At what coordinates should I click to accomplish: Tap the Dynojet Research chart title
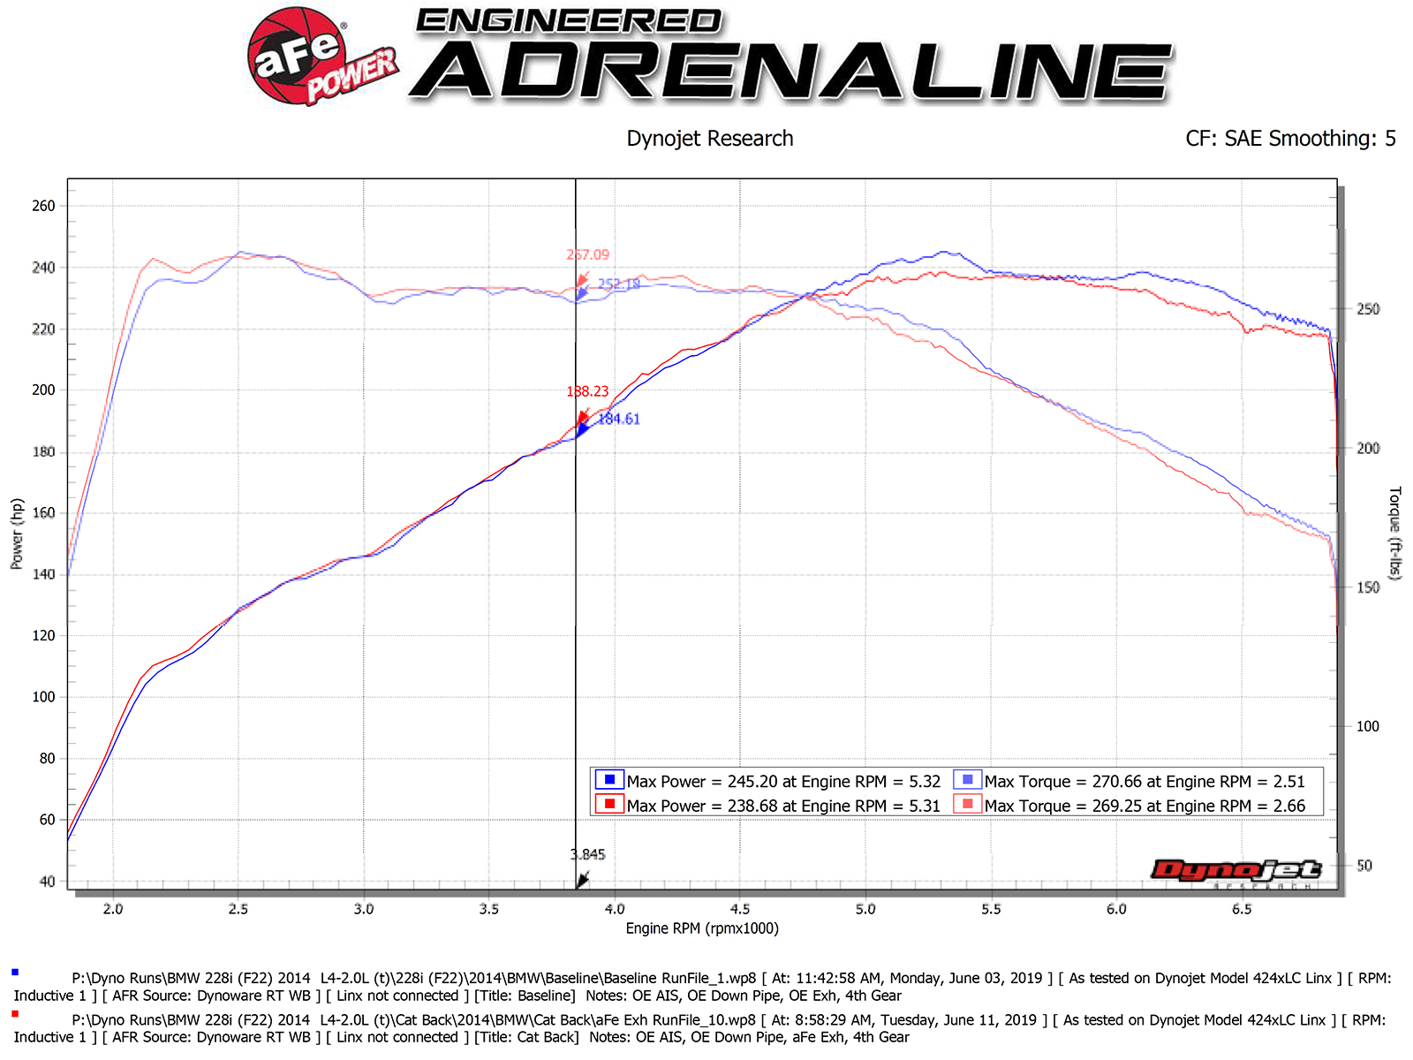[710, 139]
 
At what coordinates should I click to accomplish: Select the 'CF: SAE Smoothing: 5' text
[1290, 139]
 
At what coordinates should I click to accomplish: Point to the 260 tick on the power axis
[43, 206]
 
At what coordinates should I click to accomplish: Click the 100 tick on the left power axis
[43, 697]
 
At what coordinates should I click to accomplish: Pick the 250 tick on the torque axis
[1368, 309]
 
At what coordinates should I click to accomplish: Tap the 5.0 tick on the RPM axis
[865, 909]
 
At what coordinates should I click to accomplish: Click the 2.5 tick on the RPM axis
[238, 909]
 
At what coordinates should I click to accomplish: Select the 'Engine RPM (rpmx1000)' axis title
[702, 928]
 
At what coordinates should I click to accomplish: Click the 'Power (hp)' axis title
[17, 534]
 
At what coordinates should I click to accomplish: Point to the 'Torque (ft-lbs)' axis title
[1394, 533]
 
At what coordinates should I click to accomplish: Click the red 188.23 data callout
[587, 391]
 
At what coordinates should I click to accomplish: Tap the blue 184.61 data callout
[618, 420]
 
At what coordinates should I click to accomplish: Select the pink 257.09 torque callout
[587, 254]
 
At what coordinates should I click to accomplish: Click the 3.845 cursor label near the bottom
[587, 854]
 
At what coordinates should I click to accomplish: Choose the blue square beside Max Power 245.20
[609, 780]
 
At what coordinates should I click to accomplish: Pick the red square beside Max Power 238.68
[609, 805]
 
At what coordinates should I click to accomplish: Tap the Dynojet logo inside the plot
[1235, 871]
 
